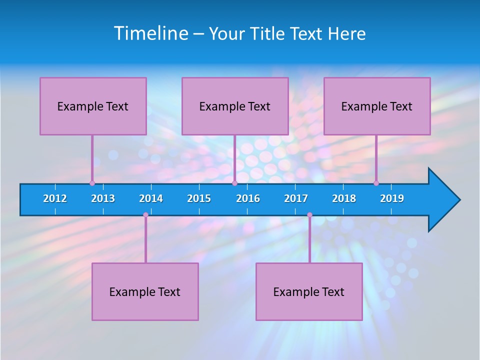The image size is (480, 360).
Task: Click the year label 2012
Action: (55, 198)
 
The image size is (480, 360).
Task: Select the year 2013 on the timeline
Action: (103, 198)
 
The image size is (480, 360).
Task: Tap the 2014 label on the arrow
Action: (151, 198)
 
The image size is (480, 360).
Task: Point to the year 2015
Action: (199, 198)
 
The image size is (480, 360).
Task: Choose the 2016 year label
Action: (248, 198)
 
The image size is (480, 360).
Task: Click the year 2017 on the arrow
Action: (296, 198)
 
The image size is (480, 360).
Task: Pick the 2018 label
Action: (344, 198)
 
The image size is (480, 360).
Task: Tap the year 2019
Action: (392, 198)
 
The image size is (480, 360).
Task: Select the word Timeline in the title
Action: (151, 33)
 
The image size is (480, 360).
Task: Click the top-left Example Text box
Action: (93, 106)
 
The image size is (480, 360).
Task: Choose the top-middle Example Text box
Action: (235, 106)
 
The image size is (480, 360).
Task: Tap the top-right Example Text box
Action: (377, 106)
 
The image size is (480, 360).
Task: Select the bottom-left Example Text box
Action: (145, 291)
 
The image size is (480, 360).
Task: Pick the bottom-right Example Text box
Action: (309, 291)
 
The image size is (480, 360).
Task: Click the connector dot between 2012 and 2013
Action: (92, 183)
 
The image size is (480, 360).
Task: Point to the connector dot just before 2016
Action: (235, 183)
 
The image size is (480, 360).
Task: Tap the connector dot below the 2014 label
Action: (145, 215)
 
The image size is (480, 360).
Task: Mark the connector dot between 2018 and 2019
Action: (376, 183)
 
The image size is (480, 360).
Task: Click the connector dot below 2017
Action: (309, 215)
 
